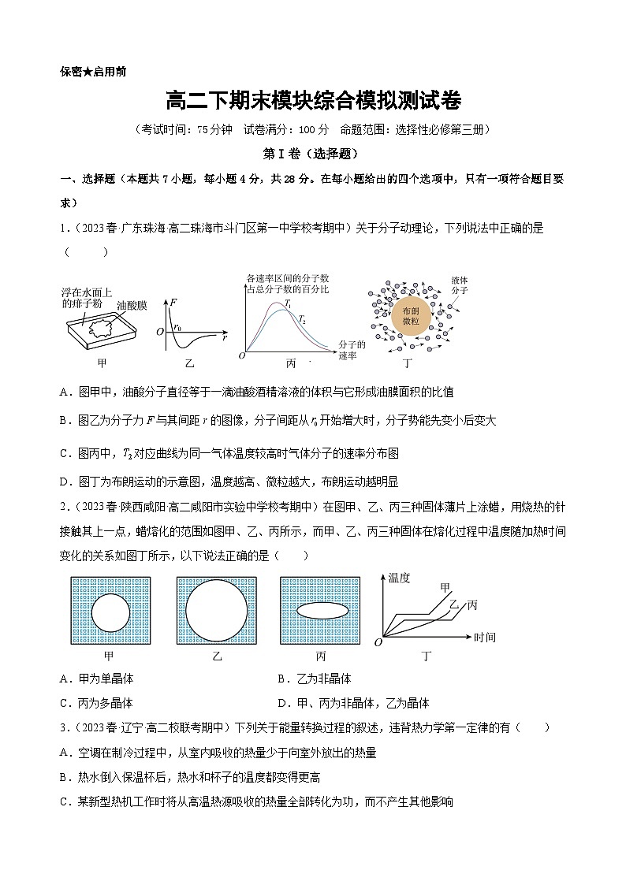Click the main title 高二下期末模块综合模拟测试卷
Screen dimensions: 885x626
(313, 101)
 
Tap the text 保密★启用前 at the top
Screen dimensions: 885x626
(92, 71)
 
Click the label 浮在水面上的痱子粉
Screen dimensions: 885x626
(87, 296)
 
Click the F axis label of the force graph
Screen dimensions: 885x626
(173, 302)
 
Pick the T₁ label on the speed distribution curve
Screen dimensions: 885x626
(289, 303)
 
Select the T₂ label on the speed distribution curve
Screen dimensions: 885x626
(301, 318)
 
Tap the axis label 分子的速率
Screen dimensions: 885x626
(351, 350)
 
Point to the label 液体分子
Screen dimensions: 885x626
(460, 285)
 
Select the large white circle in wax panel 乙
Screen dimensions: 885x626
(217, 611)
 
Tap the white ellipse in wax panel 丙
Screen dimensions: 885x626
(322, 610)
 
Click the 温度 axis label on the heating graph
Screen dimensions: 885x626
(400, 578)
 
